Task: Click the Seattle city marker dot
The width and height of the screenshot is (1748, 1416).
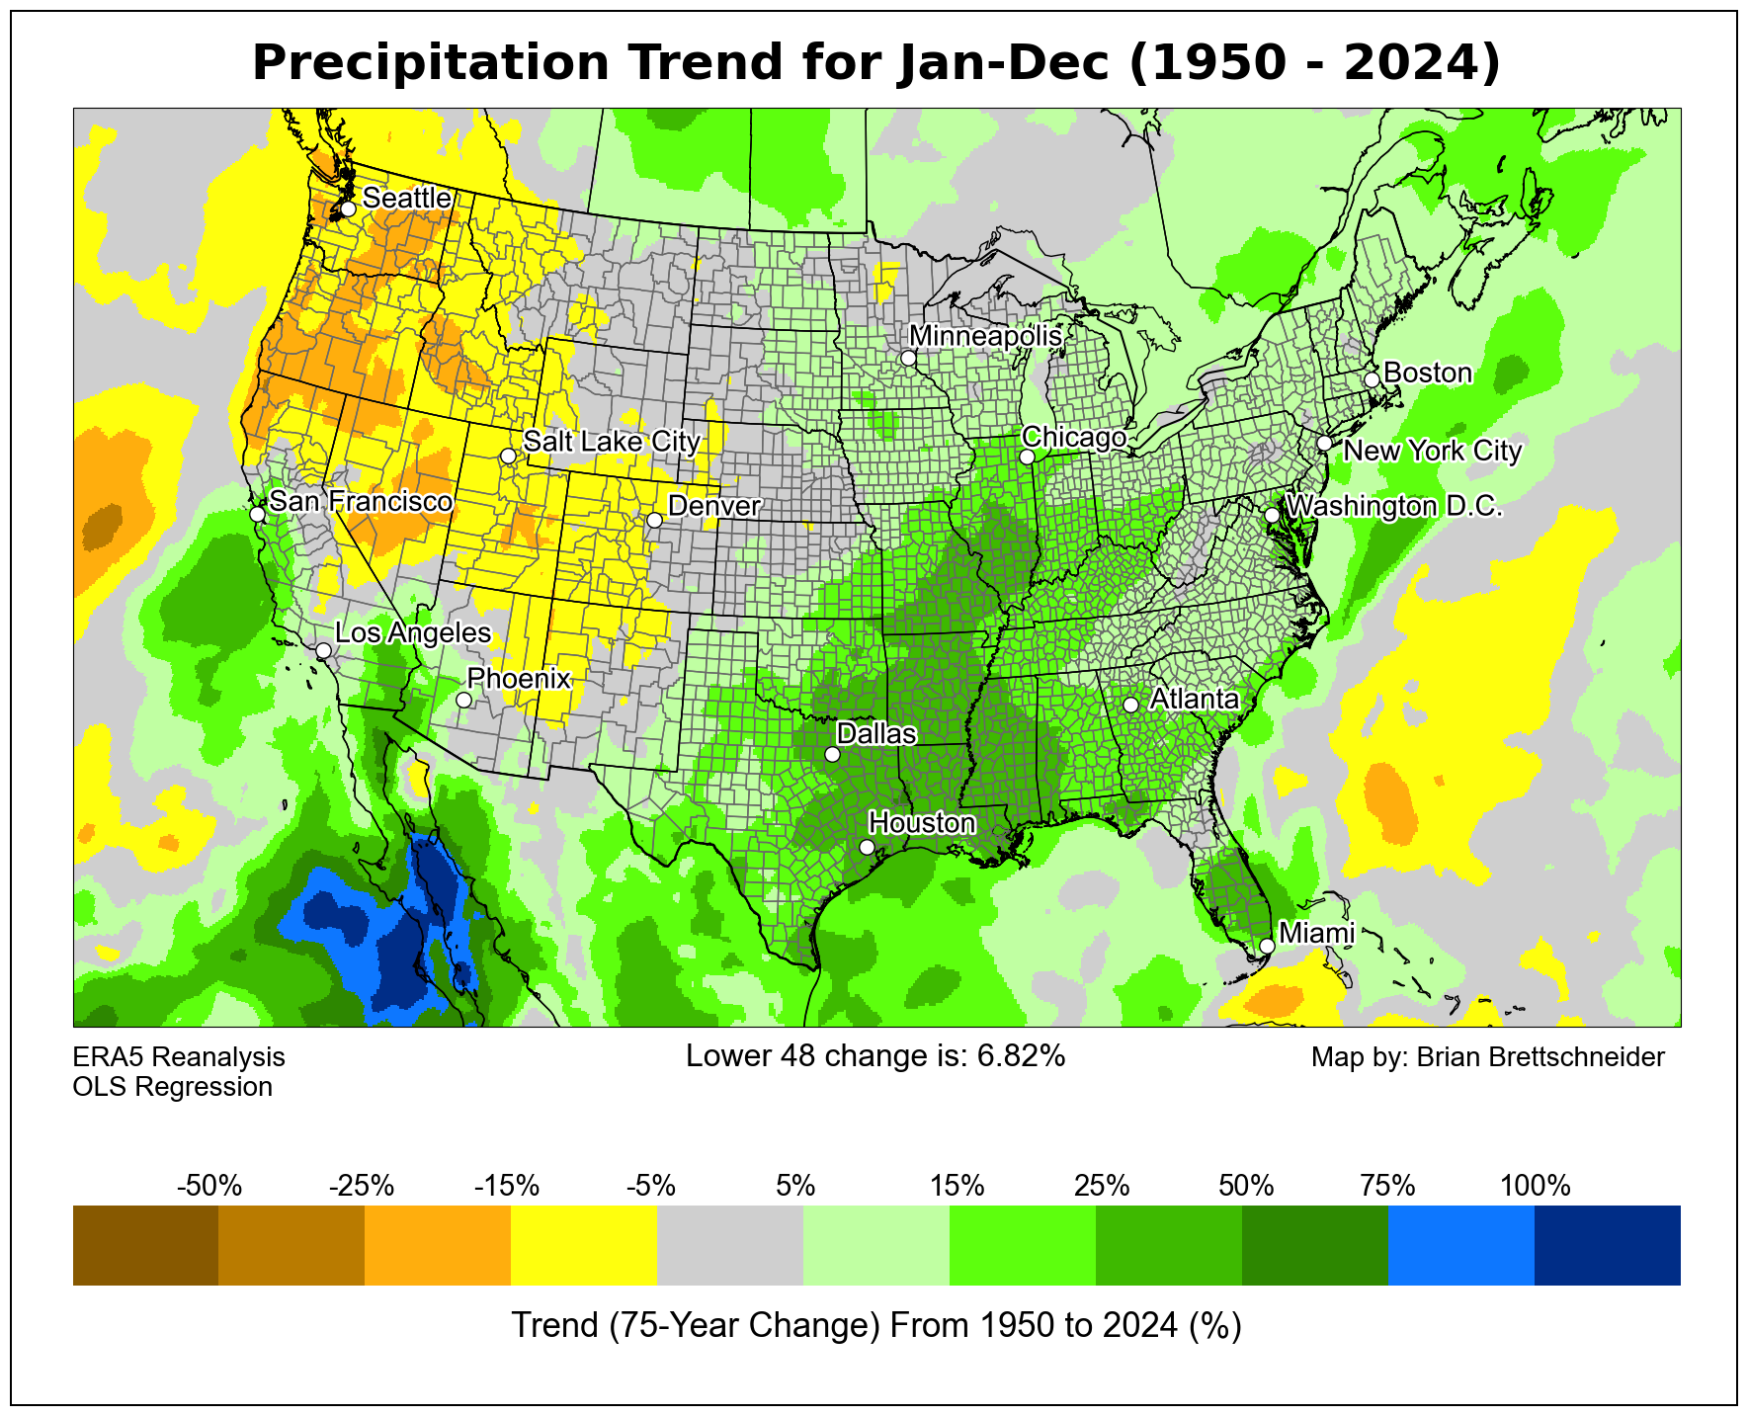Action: click(x=348, y=209)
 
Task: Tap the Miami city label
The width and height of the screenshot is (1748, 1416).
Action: click(x=1316, y=933)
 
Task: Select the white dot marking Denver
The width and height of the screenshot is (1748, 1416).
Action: click(x=654, y=520)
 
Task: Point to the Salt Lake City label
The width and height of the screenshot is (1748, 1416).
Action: click(x=612, y=442)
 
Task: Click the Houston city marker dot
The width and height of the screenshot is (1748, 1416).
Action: click(x=867, y=847)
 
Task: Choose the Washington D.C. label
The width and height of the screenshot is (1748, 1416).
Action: click(x=1395, y=507)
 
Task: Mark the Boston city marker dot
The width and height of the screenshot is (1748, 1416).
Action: click(x=1372, y=379)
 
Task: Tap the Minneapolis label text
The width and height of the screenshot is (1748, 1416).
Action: click(x=985, y=336)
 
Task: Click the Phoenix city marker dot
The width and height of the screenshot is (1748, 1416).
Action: click(x=463, y=700)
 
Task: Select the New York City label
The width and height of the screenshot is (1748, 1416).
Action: click(x=1433, y=452)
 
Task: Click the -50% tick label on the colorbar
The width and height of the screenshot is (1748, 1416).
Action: click(x=208, y=1186)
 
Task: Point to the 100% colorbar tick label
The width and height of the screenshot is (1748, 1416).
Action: click(x=1535, y=1186)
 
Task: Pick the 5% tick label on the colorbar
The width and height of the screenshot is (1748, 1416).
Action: click(x=795, y=1186)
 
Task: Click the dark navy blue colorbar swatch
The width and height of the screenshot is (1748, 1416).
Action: click(x=1608, y=1245)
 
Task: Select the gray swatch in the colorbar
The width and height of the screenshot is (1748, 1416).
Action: click(x=730, y=1245)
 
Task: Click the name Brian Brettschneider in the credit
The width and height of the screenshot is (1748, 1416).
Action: click(x=1540, y=1057)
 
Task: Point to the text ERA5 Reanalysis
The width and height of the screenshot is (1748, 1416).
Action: click(x=179, y=1057)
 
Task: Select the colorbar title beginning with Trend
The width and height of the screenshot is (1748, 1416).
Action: click(x=875, y=1325)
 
